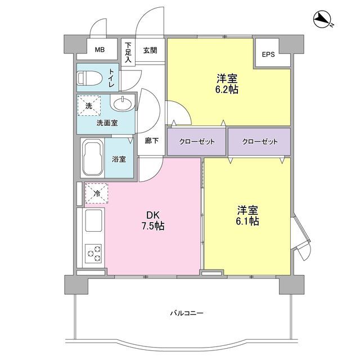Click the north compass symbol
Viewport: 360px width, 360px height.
[x=322, y=20]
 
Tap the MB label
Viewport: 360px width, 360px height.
[x=100, y=50]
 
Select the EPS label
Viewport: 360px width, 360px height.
[x=268, y=55]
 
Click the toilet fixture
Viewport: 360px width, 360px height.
[x=90, y=78]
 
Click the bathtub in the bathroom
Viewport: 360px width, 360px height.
[x=92, y=157]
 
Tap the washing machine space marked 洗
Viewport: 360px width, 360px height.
[x=89, y=106]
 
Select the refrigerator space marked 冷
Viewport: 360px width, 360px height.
[x=96, y=193]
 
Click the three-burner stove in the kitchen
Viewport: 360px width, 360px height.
[x=93, y=254]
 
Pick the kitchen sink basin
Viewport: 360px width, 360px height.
[x=93, y=220]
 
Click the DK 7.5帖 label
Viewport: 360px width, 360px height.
[x=152, y=221]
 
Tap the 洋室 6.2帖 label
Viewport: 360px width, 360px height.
[x=227, y=84]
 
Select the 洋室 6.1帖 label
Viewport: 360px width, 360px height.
[x=247, y=215]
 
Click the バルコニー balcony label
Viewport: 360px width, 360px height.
[x=187, y=313]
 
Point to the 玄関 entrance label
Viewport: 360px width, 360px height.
[x=150, y=50]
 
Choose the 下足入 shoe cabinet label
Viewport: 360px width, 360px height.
[x=128, y=52]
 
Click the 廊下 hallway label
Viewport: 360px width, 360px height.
[x=151, y=141]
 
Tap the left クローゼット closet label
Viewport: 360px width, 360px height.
[x=197, y=141]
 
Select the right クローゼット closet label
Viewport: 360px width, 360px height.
[x=260, y=141]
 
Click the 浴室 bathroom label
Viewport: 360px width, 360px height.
[x=119, y=159]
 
